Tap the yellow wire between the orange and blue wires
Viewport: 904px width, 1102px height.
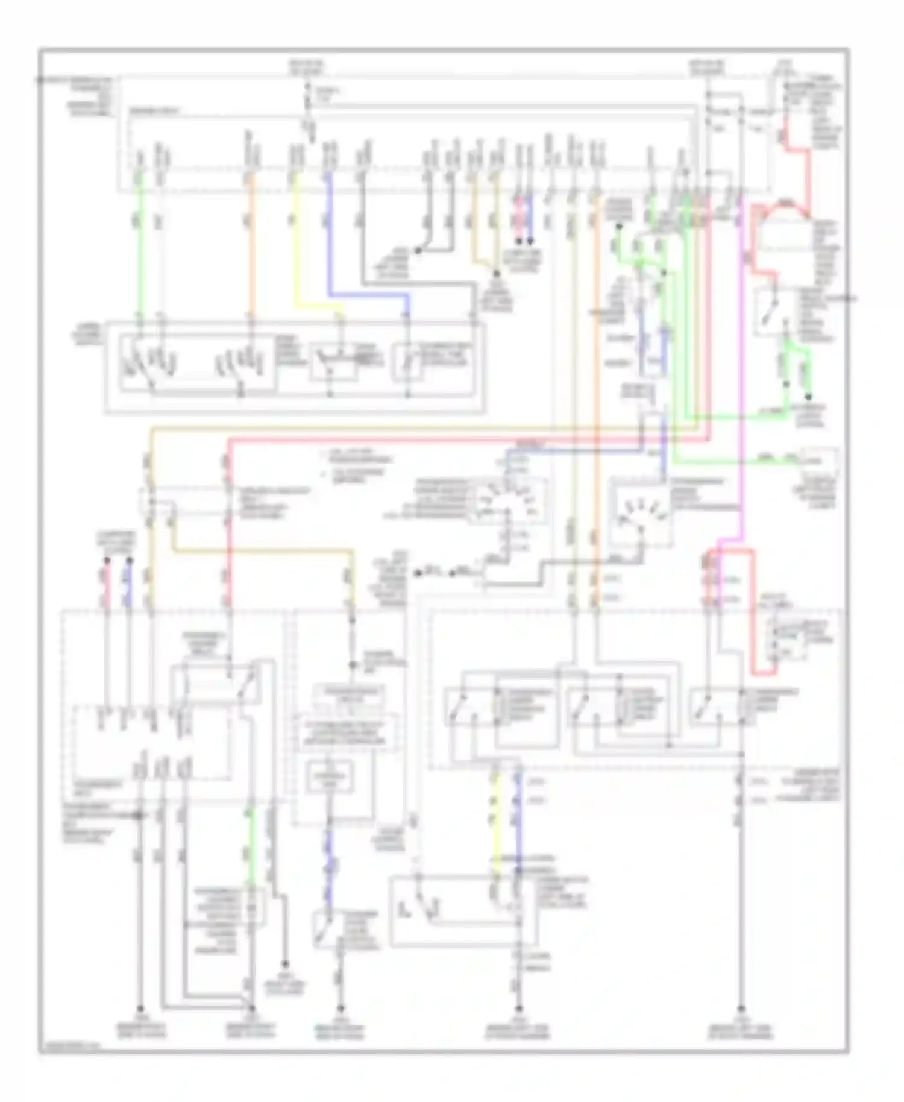[x=295, y=241]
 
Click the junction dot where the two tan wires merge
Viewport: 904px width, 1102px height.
[x=495, y=272]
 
